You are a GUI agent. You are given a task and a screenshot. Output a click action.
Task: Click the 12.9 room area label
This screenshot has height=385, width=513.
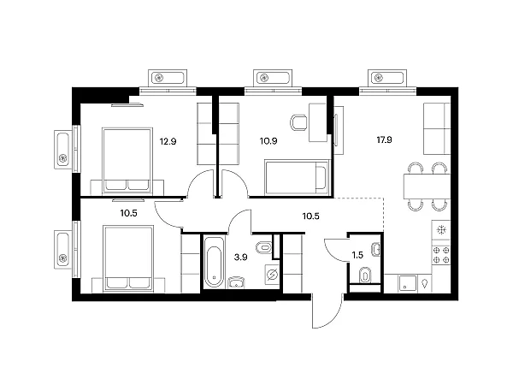(x=168, y=142)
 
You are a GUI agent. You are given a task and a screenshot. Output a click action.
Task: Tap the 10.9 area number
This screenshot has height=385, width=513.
(x=268, y=141)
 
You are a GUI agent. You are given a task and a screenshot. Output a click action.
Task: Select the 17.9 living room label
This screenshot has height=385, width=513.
(x=384, y=140)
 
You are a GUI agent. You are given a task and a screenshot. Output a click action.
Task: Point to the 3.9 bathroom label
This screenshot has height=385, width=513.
(x=240, y=258)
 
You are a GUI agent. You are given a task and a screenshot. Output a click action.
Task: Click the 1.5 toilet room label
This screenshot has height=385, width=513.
(x=357, y=255)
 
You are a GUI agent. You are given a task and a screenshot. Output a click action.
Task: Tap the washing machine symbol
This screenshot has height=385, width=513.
(x=272, y=274)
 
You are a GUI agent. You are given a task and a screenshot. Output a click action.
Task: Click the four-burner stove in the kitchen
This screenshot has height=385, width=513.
(x=441, y=255)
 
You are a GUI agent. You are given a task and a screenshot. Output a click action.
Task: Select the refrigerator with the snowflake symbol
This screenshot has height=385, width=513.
(x=441, y=230)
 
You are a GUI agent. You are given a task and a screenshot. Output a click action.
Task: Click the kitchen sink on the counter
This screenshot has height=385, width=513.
(x=407, y=283)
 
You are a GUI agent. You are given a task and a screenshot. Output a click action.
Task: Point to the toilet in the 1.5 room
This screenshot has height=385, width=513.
(x=365, y=275)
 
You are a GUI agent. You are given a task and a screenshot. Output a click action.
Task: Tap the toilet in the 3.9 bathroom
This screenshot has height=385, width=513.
(x=264, y=248)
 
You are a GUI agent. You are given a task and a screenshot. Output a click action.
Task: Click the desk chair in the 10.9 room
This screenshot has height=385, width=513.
(x=298, y=122)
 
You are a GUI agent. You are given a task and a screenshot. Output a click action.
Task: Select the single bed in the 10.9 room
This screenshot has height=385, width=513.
(x=296, y=177)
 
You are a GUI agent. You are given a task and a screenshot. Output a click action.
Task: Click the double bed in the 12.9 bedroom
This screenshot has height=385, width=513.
(x=127, y=160)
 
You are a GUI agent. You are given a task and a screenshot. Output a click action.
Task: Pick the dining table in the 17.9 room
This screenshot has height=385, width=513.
(x=427, y=187)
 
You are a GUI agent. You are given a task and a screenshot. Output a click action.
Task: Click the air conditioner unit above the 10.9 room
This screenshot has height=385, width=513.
(x=273, y=78)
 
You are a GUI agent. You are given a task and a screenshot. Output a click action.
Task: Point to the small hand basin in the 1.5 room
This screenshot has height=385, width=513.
(x=376, y=250)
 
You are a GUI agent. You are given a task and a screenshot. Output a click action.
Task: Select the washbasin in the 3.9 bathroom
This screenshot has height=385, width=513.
(x=236, y=281)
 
